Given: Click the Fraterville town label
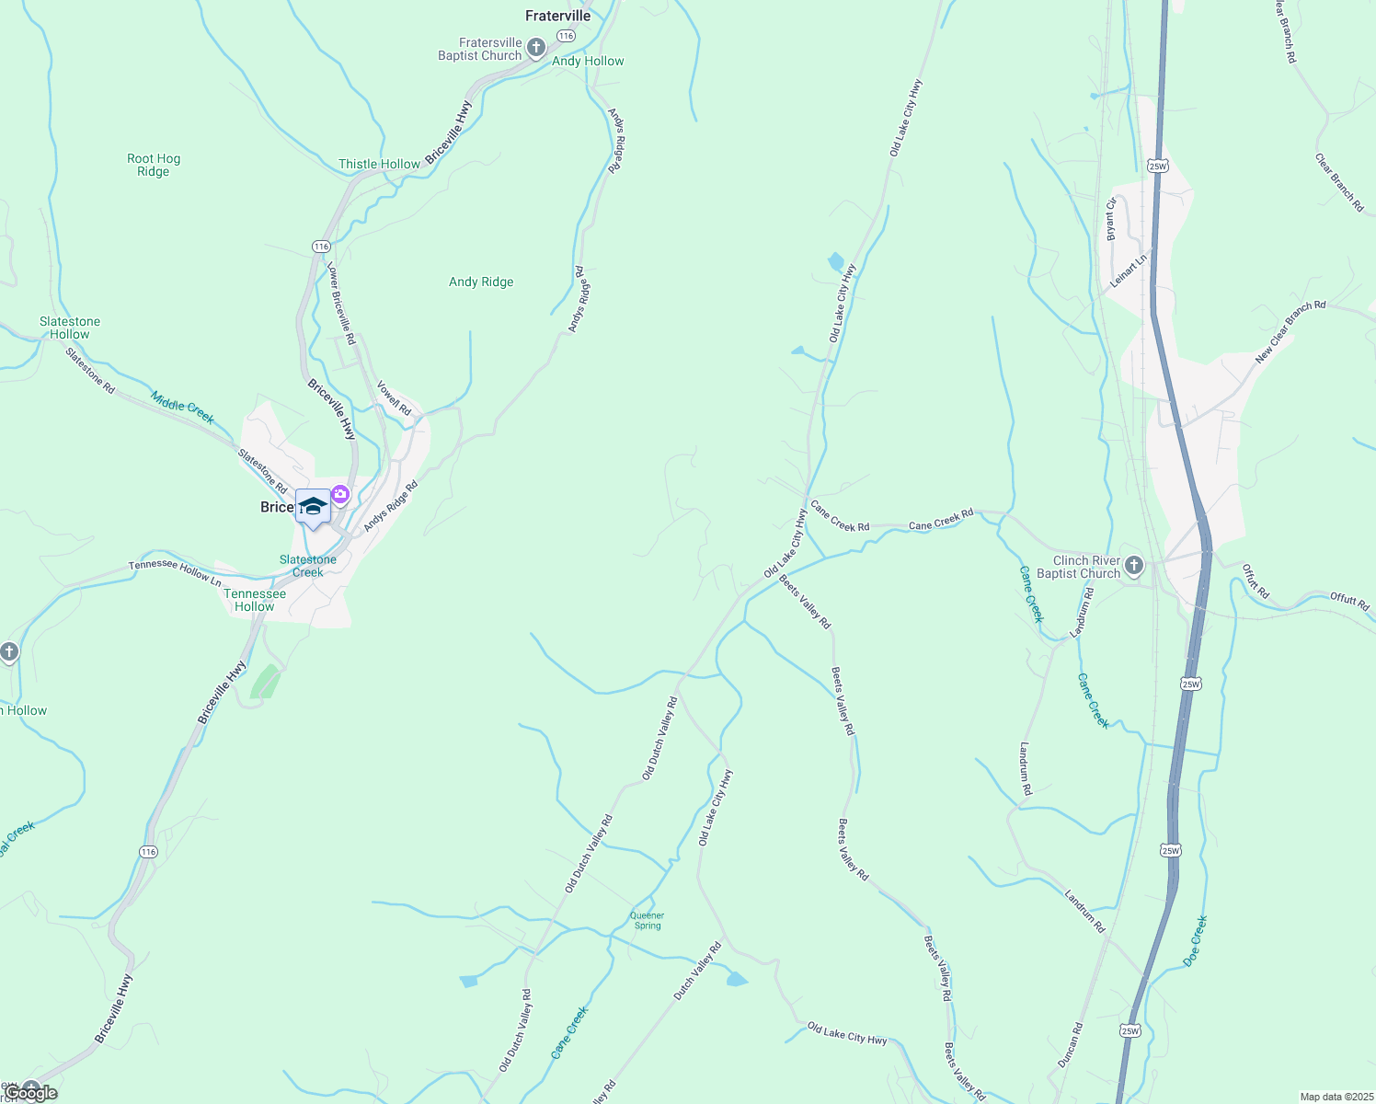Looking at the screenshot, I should (x=557, y=16).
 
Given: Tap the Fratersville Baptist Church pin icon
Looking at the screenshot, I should (x=536, y=48).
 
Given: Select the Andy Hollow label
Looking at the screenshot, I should (x=588, y=62).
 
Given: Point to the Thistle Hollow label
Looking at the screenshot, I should (x=379, y=165).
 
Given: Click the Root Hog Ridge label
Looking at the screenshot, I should (x=154, y=166).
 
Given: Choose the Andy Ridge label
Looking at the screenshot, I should (x=481, y=282).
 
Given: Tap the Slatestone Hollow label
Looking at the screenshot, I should (x=70, y=328).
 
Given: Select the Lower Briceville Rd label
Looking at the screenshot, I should (x=341, y=303).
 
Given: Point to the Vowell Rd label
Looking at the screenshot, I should (x=394, y=398).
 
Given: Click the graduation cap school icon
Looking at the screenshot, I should (x=313, y=507).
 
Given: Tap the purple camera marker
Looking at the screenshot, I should (x=340, y=495).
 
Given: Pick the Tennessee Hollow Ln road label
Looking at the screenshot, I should (x=175, y=571).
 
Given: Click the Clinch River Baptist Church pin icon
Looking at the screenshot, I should (x=1134, y=565).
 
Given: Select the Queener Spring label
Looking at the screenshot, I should (x=647, y=920).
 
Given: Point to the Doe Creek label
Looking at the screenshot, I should (x=1195, y=940).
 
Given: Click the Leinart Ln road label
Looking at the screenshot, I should (x=1129, y=271).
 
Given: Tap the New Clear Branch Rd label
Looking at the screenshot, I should (x=1290, y=330).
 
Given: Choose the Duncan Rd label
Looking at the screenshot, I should (x=1070, y=1045).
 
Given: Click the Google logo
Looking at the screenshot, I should (x=31, y=1093).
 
